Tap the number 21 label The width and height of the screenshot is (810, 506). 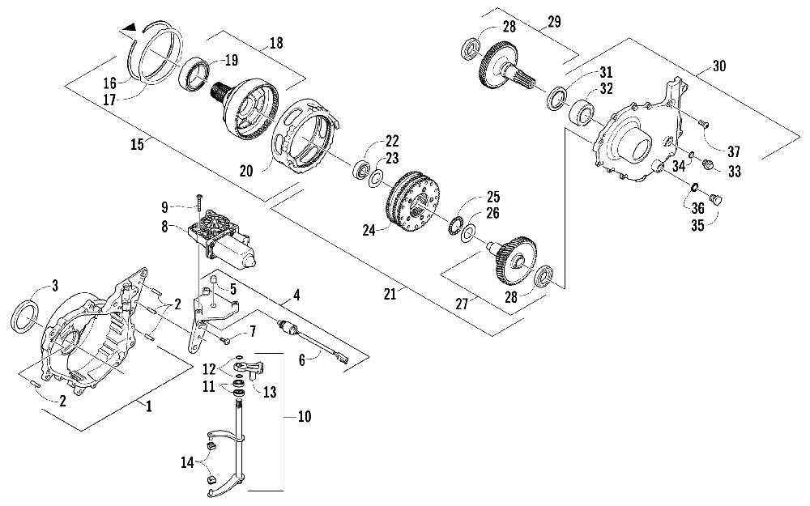click(x=390, y=296)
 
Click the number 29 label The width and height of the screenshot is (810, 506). click(x=555, y=23)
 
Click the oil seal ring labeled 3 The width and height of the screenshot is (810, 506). click(x=28, y=315)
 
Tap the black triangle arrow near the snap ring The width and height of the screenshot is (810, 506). click(x=129, y=28)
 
